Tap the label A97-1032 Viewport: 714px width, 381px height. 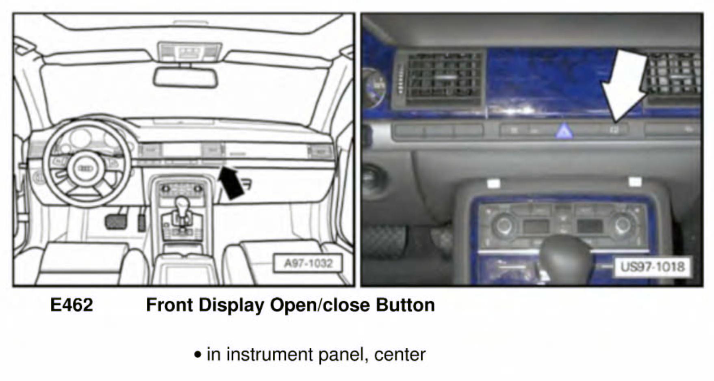click(308, 264)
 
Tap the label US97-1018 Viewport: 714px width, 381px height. click(652, 267)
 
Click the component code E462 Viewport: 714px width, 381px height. click(72, 305)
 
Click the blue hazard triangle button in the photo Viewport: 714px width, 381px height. click(564, 132)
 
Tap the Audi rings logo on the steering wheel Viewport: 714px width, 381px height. click(86, 168)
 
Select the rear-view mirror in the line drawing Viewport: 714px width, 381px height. click(185, 78)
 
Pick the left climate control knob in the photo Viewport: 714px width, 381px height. click(503, 225)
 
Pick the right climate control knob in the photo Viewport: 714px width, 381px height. click(622, 225)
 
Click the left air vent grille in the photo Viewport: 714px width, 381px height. click(444, 77)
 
